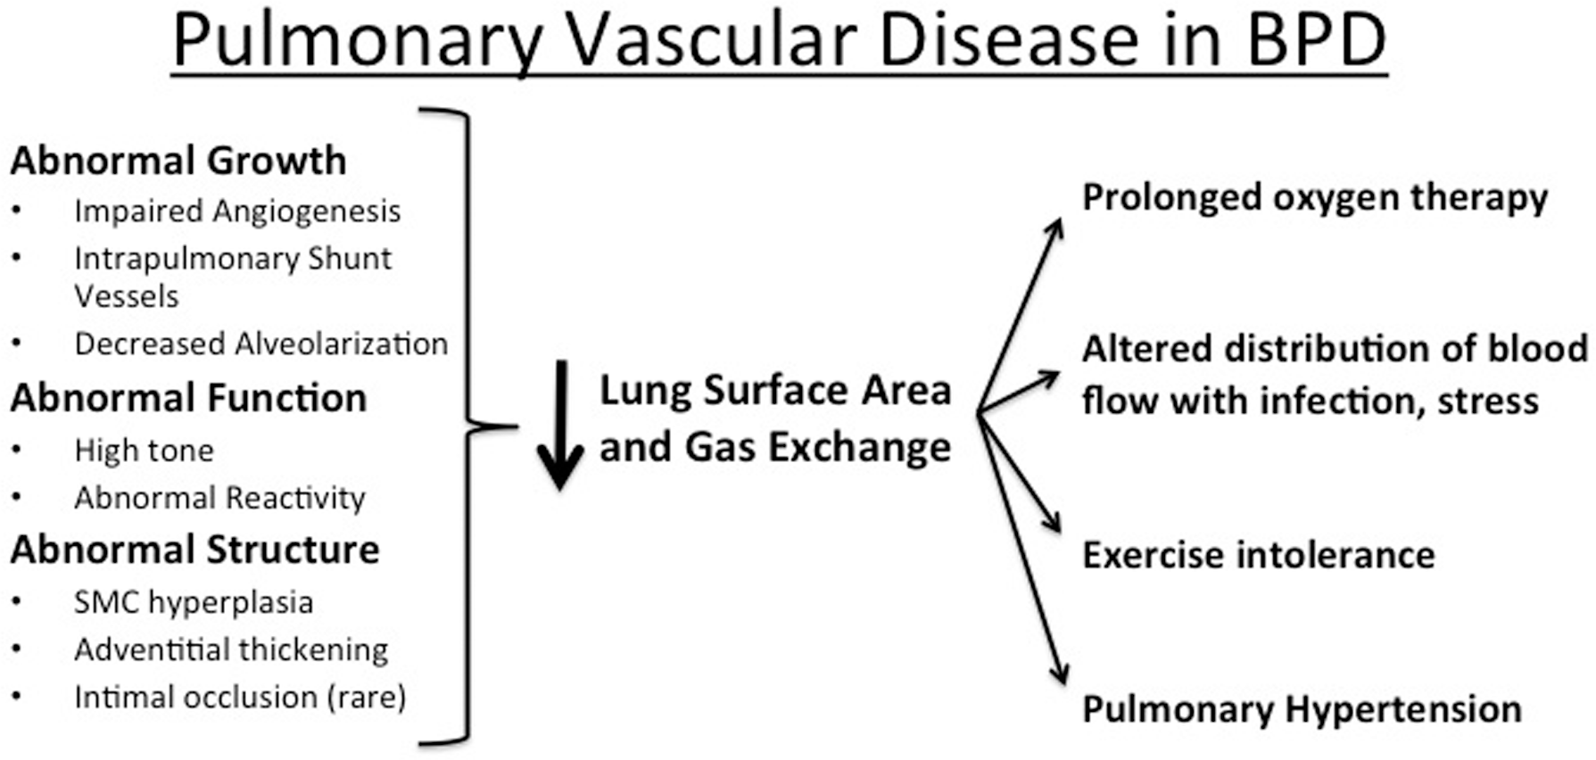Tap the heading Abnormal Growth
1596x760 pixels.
tap(178, 161)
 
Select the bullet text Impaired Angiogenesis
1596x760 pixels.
tap(237, 211)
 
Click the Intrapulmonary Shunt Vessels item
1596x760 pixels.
tap(233, 277)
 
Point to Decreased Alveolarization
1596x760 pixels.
tap(260, 343)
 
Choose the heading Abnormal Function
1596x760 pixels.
tap(188, 398)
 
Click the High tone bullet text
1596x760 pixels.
tap(144, 451)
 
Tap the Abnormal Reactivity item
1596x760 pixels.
tap(219, 498)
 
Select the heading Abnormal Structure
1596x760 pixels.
tap(194, 549)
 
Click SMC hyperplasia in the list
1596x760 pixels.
tap(194, 603)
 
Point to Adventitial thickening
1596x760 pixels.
tap(231, 649)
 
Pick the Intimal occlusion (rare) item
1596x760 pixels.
tap(240, 697)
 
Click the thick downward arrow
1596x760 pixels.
tap(560, 425)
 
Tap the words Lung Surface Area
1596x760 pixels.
tap(775, 391)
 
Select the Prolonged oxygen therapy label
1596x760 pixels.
tap(1315, 199)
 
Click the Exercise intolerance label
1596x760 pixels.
tap(1259, 555)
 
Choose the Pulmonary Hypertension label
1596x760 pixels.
tap(1302, 710)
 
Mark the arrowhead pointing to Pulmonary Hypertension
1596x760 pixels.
tap(1058, 673)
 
